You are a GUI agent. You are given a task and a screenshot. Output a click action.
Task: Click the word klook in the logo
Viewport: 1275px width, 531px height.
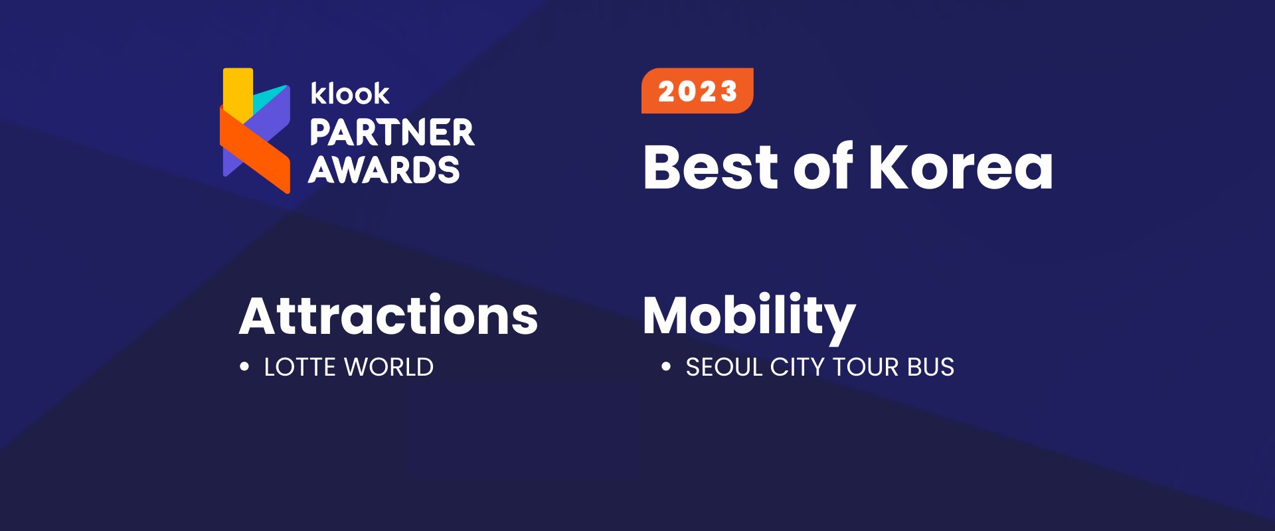[350, 94]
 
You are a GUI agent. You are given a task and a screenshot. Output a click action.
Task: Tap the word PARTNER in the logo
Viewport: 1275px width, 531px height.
[392, 133]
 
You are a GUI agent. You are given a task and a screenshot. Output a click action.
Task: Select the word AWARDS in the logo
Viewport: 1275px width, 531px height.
[384, 170]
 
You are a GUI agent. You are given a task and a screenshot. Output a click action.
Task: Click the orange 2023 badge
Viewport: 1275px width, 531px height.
[697, 91]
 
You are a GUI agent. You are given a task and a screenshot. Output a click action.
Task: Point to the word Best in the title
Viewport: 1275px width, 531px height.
[711, 167]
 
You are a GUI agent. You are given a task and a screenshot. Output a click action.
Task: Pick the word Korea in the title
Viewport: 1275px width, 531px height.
[960, 167]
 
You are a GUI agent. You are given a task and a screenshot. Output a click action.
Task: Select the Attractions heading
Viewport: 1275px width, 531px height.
[388, 316]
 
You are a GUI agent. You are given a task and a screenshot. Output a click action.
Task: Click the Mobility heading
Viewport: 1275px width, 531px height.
[749, 316]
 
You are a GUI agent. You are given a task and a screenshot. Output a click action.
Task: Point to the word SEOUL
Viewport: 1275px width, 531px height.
[724, 367]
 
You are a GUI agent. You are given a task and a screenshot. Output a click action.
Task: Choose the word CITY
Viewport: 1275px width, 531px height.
[797, 367]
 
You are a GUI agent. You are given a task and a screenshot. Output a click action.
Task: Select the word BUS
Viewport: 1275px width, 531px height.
[931, 367]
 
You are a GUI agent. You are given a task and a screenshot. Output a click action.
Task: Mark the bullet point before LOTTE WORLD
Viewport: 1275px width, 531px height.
[244, 366]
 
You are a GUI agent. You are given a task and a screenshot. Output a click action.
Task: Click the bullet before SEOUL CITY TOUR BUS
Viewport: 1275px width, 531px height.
[666, 366]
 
